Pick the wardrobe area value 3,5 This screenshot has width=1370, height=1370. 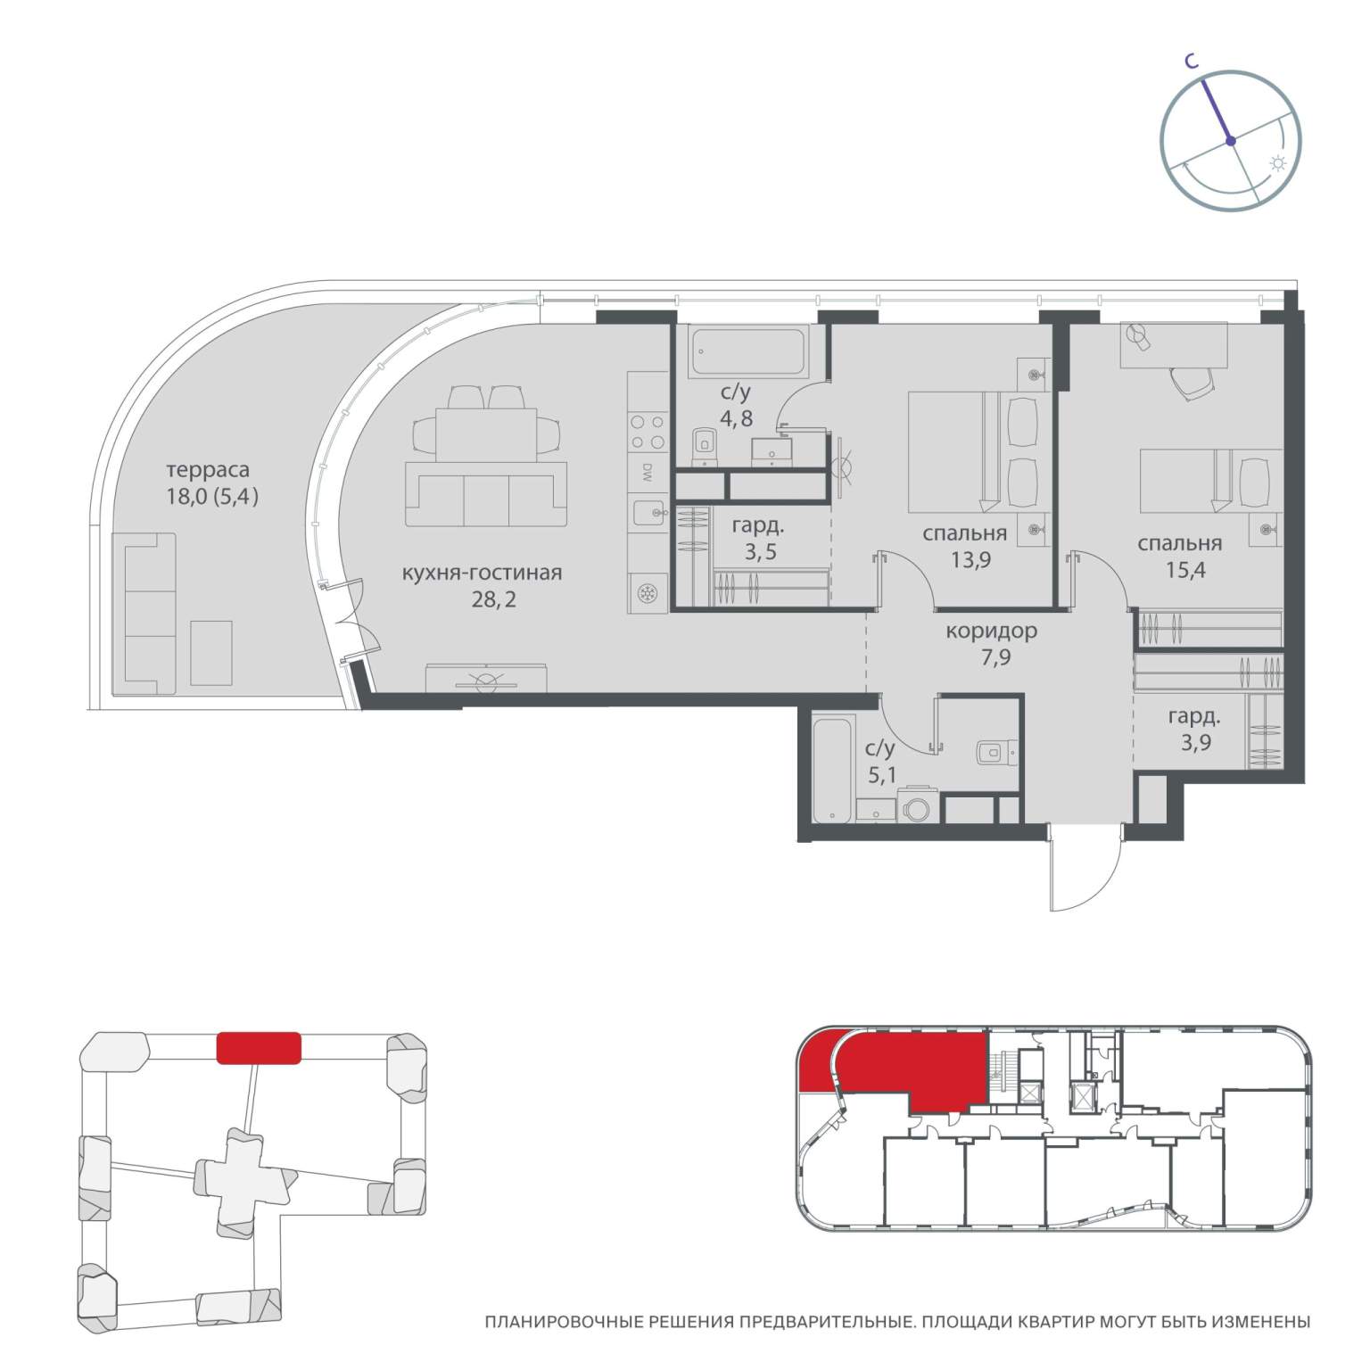[760, 552]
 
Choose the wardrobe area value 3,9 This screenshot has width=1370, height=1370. [1195, 742]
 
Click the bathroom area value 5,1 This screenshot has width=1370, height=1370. [881, 775]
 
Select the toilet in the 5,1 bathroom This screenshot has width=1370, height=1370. [996, 752]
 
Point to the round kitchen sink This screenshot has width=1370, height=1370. [648, 594]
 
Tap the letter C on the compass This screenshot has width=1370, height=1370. [1190, 61]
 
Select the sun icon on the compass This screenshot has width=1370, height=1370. [1278, 164]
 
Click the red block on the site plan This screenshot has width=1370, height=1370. [259, 1048]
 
